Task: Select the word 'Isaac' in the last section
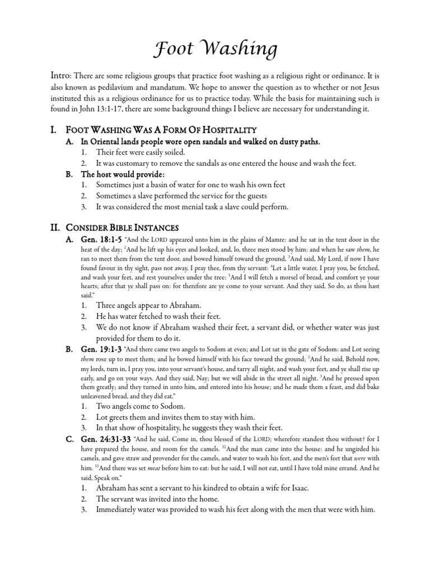pos(297,487)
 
